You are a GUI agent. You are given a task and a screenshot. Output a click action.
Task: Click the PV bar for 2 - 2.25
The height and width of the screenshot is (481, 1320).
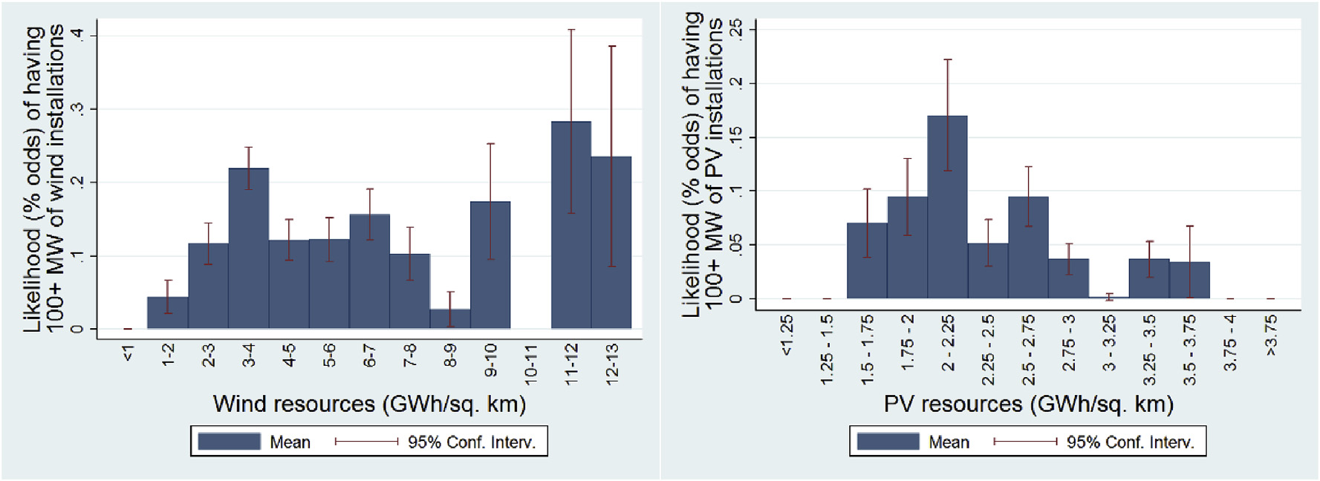click(947, 207)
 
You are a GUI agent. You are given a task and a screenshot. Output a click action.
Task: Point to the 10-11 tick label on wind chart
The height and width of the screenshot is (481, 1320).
click(530, 364)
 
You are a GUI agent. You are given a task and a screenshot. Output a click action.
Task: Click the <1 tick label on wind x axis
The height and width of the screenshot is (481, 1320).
click(128, 354)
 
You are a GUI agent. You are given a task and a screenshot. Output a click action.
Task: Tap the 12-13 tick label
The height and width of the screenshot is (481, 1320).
click(611, 364)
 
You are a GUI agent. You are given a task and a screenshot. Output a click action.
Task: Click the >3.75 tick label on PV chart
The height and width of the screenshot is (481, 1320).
click(1270, 336)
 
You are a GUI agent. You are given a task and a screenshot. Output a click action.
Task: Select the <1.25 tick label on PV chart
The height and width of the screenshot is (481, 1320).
click(787, 336)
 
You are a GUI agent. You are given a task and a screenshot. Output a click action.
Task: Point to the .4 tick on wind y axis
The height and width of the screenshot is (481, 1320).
click(77, 35)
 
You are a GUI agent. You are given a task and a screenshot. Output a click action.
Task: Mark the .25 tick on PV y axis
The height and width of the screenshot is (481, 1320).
click(735, 29)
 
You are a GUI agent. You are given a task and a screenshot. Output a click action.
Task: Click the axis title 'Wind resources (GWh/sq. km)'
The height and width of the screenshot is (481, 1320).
click(369, 404)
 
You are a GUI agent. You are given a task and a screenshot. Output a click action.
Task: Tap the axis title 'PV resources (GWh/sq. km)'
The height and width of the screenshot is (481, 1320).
click(1028, 404)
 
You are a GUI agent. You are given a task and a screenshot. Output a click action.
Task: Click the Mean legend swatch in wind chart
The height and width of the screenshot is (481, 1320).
click(229, 442)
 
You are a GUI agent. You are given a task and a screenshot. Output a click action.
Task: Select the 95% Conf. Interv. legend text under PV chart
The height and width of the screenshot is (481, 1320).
click(1130, 442)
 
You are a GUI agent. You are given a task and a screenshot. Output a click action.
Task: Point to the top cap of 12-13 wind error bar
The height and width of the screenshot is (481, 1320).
click(611, 46)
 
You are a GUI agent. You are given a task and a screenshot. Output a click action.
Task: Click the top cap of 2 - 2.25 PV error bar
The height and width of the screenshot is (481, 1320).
click(947, 59)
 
